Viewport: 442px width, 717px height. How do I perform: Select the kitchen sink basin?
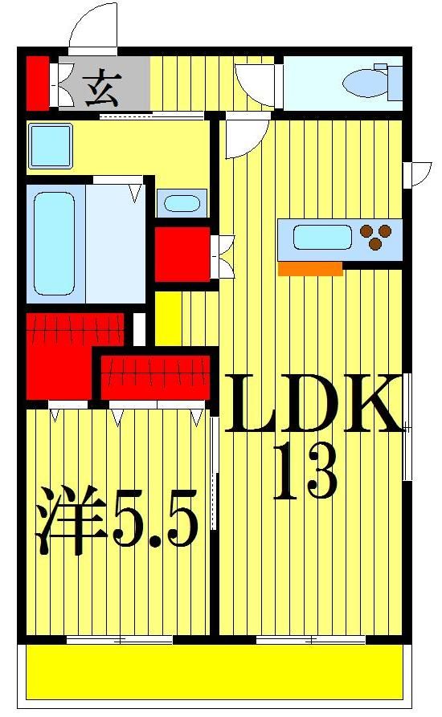pyautogui.click(x=322, y=238)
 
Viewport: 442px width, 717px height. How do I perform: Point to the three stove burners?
pyautogui.click(x=378, y=235)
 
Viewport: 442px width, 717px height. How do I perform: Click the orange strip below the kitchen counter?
pyautogui.click(x=310, y=269)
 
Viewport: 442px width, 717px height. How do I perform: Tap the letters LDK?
pyautogui.click(x=313, y=403)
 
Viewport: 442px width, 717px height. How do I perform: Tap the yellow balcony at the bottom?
pyautogui.click(x=215, y=671)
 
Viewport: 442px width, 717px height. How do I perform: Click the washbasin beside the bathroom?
pyautogui.click(x=182, y=202)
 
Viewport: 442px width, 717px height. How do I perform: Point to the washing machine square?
pyautogui.click(x=51, y=145)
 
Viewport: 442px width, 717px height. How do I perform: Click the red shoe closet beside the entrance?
pyautogui.click(x=36, y=82)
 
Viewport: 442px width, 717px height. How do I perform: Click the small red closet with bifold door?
pyautogui.click(x=182, y=254)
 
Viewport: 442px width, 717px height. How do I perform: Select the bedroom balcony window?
pyautogui.click(x=120, y=640)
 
